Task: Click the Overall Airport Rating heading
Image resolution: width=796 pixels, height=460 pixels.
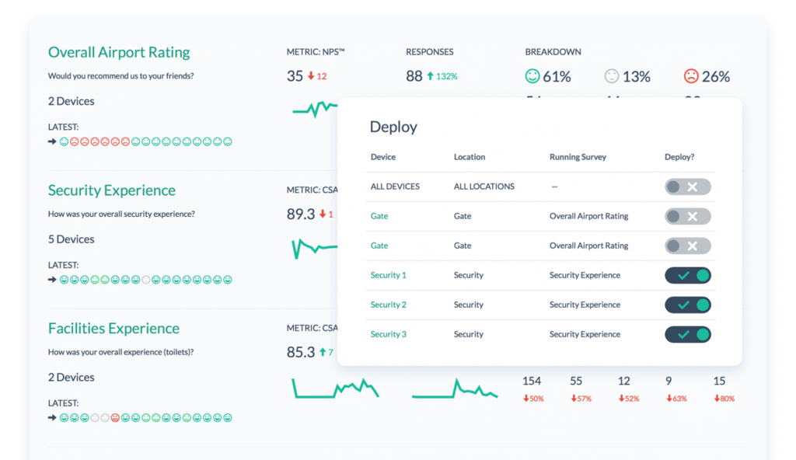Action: pos(119,53)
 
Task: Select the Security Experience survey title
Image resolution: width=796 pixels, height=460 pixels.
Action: pos(111,190)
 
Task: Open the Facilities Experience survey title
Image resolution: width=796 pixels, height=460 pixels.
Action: pos(113,328)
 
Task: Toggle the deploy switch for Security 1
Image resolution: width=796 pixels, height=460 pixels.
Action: pos(688,275)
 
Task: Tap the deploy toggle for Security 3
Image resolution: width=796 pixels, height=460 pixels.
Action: pos(688,334)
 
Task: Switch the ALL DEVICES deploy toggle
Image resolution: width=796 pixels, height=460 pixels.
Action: pos(688,186)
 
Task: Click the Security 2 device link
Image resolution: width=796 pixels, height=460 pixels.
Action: pos(388,305)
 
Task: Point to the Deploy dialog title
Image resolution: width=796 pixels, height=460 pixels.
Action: pos(393,127)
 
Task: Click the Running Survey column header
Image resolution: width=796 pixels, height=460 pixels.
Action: pos(578,157)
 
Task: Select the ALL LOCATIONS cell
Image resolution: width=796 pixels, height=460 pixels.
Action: pos(484,186)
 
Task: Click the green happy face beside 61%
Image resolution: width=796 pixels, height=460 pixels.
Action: pos(532,76)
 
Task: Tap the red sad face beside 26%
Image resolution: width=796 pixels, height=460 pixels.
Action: pos(691,76)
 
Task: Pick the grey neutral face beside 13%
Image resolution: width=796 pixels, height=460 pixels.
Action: pos(612,76)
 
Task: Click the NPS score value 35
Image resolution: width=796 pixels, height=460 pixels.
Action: pos(295,76)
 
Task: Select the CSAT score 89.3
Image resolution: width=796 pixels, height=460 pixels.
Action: pos(300,214)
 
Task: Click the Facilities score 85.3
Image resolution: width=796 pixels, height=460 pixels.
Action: pos(300,352)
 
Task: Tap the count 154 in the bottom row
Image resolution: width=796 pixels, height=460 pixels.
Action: pos(532,381)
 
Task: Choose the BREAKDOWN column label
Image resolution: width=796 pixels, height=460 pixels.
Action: pos(553,52)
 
